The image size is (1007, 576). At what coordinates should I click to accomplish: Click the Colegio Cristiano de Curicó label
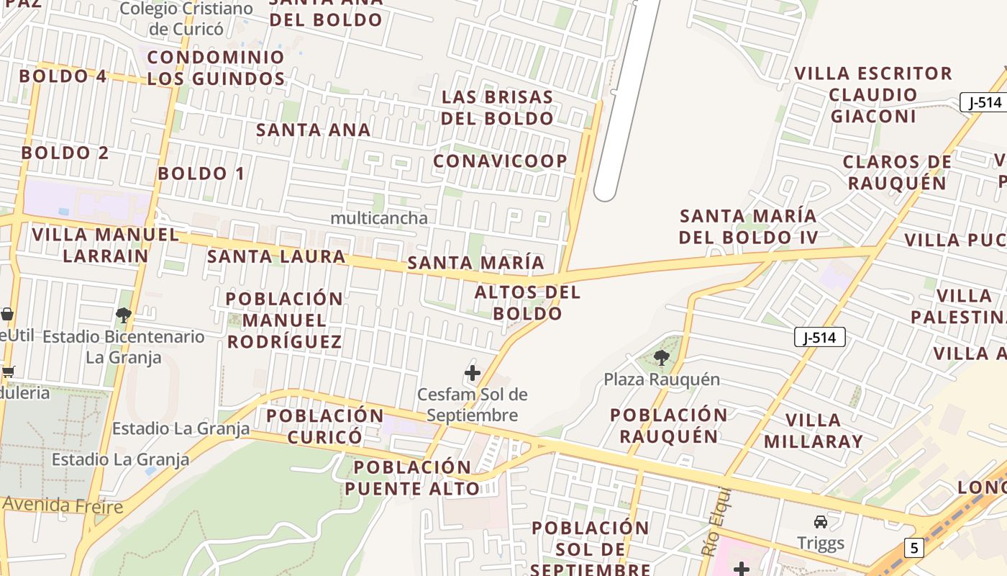pos(186,19)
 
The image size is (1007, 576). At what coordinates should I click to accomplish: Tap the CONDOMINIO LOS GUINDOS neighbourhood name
pos(216,68)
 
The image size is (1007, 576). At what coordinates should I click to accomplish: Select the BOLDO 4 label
pos(63,76)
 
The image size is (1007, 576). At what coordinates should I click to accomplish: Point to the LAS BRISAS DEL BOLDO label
pos(497,107)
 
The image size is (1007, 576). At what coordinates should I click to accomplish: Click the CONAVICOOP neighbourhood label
pos(500,161)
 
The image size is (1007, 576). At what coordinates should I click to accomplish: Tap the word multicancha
pos(379,217)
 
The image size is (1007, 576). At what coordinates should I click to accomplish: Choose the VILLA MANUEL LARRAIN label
pos(106,245)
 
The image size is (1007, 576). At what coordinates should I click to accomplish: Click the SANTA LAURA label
pos(276,256)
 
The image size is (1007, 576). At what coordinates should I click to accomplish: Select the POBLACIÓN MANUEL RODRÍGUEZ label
pos(285,320)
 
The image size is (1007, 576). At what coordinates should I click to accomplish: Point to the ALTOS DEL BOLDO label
pos(527,302)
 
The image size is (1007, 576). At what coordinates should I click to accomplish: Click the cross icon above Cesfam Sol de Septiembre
pos(473,373)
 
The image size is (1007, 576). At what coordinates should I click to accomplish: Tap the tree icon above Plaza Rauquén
pos(661,356)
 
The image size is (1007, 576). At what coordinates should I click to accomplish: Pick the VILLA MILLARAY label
pos(813,431)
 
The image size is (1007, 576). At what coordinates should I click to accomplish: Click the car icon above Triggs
pos(820,522)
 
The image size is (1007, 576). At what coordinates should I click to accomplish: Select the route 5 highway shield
pos(913,548)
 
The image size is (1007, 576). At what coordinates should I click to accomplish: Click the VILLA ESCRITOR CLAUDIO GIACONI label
pos(873,94)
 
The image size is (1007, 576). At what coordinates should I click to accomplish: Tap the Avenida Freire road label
pos(63,505)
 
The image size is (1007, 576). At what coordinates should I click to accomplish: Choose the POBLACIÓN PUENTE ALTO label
pos(411,477)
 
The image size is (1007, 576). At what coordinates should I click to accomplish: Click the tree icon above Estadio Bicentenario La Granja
pos(124,315)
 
